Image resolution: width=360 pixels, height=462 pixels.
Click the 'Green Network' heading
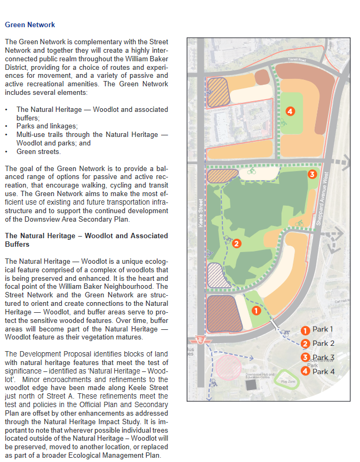(30, 25)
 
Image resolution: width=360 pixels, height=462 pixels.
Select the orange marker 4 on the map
(290, 111)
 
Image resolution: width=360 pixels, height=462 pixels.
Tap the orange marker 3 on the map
(313, 174)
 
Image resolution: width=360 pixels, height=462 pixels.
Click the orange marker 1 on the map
(255, 310)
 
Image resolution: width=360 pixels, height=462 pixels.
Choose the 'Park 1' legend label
(323, 330)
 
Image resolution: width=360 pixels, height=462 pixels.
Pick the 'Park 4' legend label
(323, 371)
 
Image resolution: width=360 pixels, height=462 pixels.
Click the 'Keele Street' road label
(201, 213)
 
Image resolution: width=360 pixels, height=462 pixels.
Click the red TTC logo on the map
(202, 340)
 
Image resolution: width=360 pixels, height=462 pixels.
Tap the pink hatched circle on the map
(228, 367)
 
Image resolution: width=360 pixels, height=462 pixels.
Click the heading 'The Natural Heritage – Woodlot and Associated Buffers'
(86, 240)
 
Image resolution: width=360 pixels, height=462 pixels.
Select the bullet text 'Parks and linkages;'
(47, 126)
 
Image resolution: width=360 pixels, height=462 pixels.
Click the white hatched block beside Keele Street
(218, 275)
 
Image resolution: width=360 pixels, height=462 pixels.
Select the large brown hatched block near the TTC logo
(222, 314)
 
